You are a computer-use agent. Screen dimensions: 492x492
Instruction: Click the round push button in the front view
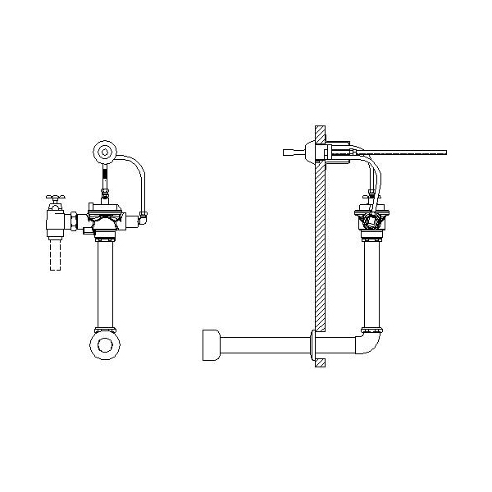[104, 151]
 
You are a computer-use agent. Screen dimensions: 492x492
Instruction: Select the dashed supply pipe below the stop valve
[56, 254]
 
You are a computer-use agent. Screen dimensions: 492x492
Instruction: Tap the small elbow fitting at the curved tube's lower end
[143, 217]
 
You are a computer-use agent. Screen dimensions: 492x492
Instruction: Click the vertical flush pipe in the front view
[105, 283]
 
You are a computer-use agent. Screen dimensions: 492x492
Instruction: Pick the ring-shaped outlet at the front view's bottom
[105, 344]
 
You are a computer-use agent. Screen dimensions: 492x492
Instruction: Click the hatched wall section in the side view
[319, 246]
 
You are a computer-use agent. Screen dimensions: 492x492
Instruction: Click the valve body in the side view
[374, 220]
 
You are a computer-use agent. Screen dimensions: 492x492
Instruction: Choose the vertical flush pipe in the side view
[374, 283]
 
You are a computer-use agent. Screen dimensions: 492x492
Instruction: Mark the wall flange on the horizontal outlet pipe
[314, 346]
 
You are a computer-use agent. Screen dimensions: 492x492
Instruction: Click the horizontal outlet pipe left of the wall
[262, 345]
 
